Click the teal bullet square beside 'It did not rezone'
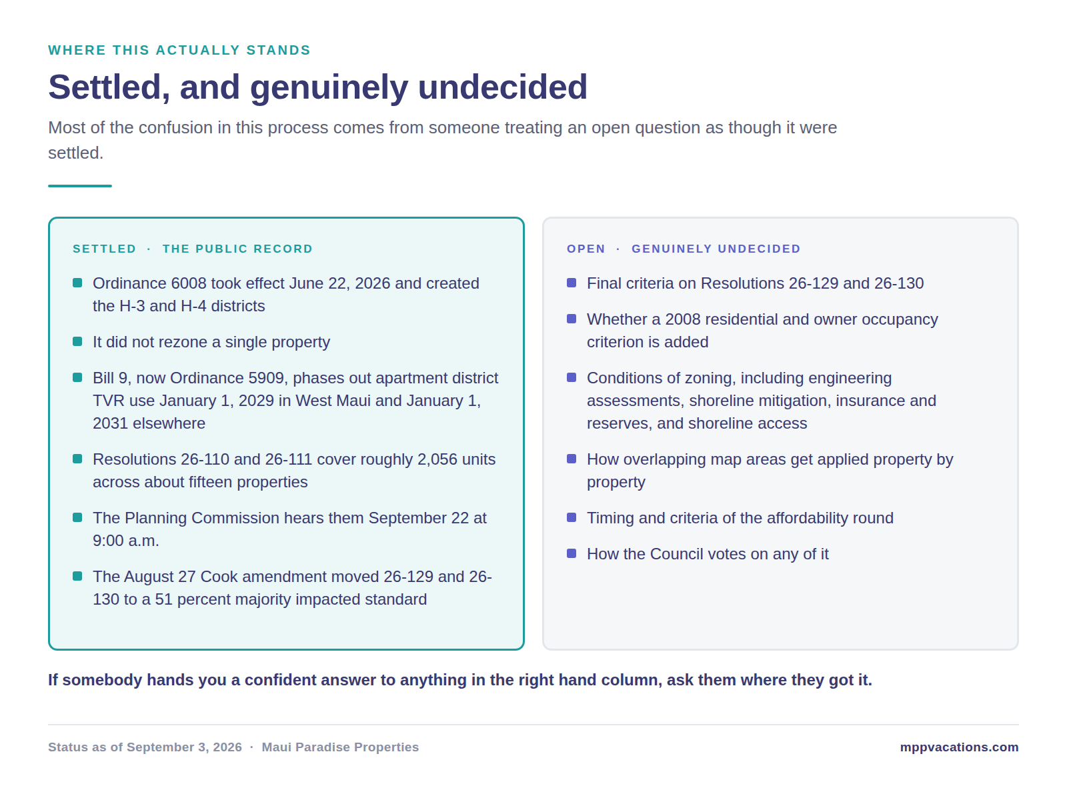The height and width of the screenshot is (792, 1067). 77,341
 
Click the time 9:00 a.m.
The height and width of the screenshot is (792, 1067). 125,540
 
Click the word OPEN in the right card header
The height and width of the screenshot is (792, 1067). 586,249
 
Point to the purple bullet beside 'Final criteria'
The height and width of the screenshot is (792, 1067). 571,282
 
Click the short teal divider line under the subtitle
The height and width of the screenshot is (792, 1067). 80,185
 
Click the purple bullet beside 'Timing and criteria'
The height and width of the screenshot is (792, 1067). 571,517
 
